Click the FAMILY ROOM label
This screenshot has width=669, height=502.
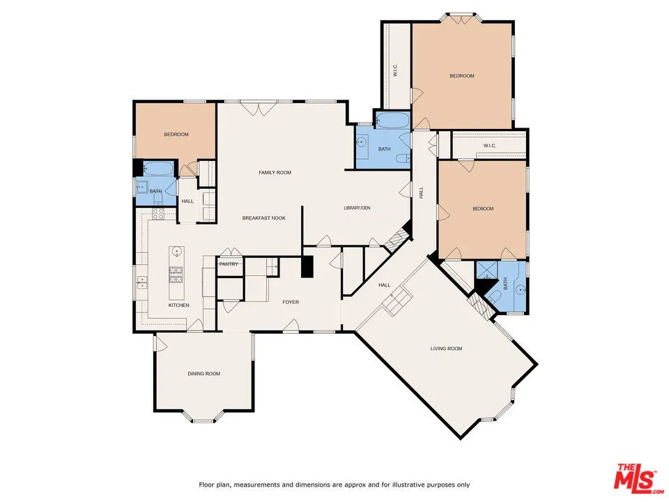coord(275,172)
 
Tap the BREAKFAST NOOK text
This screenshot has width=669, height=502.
coord(264,218)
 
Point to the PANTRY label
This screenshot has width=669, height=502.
coord(229,264)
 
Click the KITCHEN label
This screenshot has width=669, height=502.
coord(179,305)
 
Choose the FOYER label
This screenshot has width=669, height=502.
coord(291,302)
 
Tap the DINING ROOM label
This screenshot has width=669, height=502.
coord(203,374)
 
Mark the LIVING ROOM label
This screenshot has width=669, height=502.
coord(445,349)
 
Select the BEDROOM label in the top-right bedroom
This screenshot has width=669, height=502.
coord(461,76)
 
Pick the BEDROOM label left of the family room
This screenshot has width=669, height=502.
coord(176,135)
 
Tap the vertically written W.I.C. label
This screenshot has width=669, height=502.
coord(394,70)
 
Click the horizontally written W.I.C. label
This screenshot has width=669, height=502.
coord(490,146)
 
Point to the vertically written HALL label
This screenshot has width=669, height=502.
coord(421,192)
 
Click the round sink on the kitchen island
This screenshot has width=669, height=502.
coord(176,252)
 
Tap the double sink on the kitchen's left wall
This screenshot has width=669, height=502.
coord(142,282)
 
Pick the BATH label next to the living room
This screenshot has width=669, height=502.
coord(506,283)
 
